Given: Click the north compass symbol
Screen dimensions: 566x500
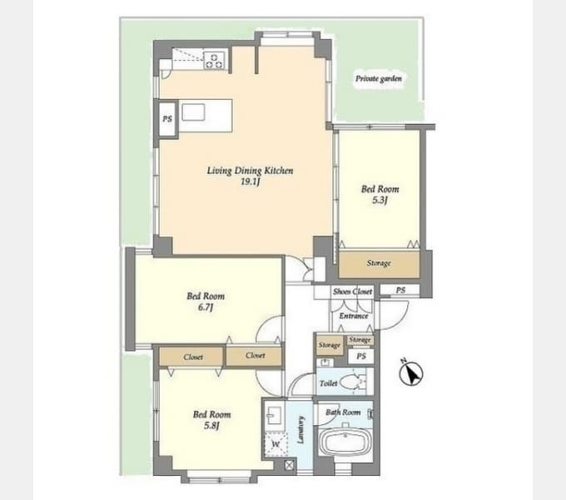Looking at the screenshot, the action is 411,372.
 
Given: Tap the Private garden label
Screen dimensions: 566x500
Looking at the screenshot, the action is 378,78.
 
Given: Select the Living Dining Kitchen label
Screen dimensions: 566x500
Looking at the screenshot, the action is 250,171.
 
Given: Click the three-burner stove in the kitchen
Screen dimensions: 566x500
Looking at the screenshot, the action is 215,60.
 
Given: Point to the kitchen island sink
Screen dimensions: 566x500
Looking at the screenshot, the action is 193,112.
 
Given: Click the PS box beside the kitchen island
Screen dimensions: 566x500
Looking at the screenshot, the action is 167,118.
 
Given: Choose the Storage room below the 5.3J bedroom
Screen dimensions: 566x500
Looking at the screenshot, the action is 379,263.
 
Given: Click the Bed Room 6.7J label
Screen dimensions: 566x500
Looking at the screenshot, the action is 206,302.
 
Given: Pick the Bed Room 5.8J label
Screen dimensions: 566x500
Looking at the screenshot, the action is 212,420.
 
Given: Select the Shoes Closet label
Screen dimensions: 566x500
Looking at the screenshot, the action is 352,292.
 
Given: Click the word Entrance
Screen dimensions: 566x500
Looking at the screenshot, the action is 354,316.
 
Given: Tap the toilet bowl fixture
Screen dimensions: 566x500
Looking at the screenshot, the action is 351,382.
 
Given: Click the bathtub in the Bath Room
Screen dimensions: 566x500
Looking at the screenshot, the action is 345,442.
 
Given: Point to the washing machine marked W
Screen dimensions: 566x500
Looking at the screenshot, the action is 276,444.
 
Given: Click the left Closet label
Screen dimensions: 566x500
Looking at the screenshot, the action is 193,357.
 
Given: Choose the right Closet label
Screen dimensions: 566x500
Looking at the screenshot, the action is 256,356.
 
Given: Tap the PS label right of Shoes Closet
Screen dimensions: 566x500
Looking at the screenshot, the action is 400,290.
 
